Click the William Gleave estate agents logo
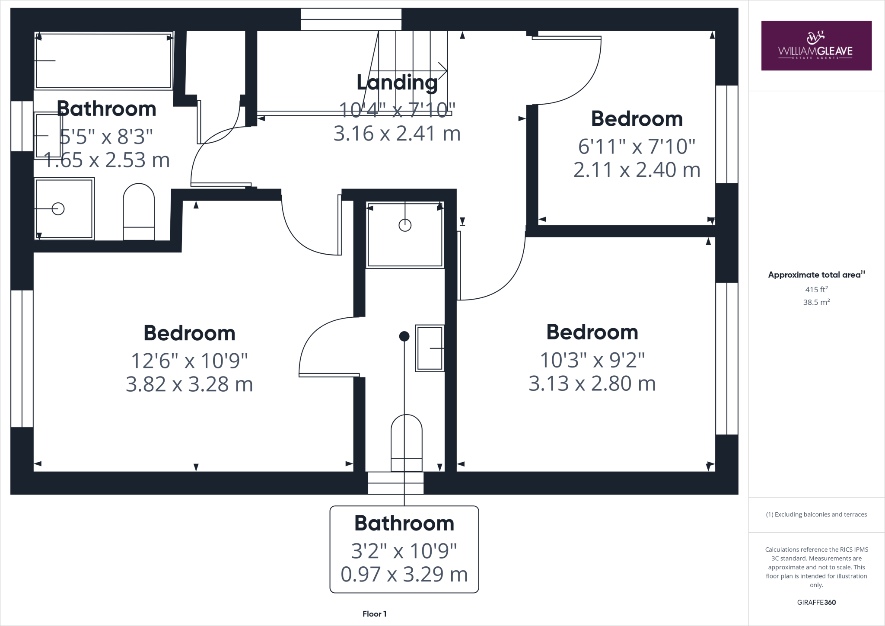point(816,45)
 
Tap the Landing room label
point(397,82)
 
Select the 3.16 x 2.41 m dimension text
point(397,134)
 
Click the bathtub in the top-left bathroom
point(104,61)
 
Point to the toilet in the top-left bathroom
point(139,212)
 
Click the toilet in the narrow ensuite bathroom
point(406,443)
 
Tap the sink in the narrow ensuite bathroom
point(430,348)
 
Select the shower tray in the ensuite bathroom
point(405,234)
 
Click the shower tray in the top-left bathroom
point(64,209)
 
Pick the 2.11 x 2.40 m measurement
point(637,170)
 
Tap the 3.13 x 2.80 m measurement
point(592,383)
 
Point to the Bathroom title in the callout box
point(404,523)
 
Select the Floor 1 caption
point(374,614)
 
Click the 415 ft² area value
point(816,290)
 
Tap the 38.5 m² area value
point(816,302)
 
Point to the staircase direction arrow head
point(443,70)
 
